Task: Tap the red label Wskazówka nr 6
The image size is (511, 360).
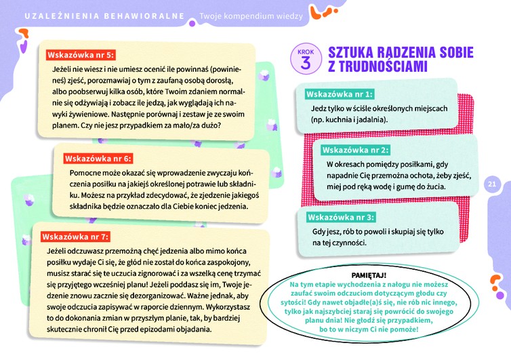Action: click(97, 159)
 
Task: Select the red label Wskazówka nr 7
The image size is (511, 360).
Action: click(75, 237)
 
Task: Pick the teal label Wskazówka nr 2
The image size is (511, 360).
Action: click(356, 149)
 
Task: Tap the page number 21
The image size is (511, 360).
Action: click(492, 183)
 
